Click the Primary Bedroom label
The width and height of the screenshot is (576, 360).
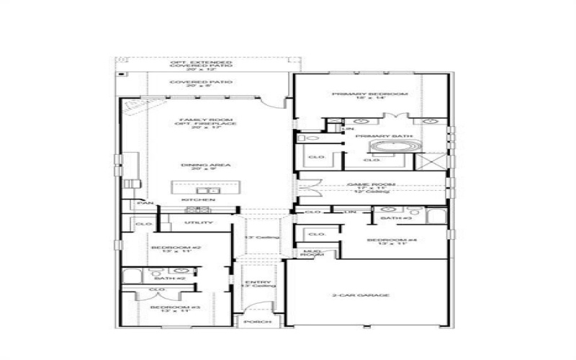[370, 94]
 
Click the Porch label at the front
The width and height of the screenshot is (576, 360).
[254, 323]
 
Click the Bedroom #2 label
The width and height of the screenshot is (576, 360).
[166, 248]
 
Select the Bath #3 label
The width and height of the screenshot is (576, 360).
[395, 217]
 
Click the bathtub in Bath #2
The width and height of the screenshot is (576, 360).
[133, 276]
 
